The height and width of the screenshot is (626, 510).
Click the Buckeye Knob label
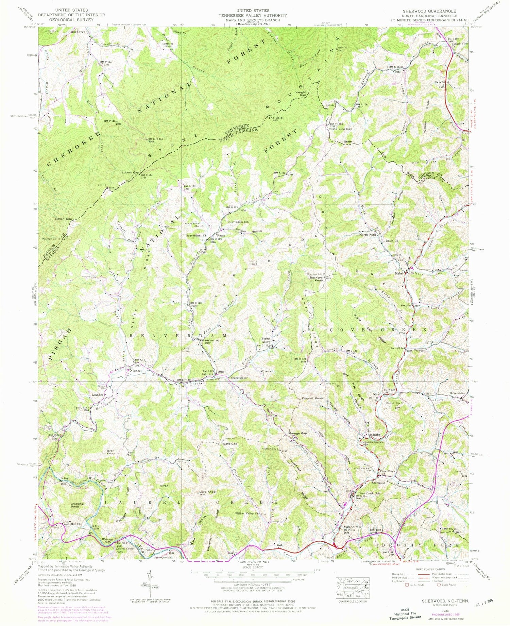coord(316,279)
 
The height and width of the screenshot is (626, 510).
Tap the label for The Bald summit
coord(275,118)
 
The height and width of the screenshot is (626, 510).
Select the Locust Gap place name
coord(131,173)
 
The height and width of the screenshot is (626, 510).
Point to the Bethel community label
coord(137,371)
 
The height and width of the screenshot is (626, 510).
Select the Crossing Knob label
coord(77,505)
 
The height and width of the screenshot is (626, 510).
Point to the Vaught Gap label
coord(301,94)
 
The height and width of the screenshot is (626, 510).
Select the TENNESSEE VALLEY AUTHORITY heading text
coord(253,15)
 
